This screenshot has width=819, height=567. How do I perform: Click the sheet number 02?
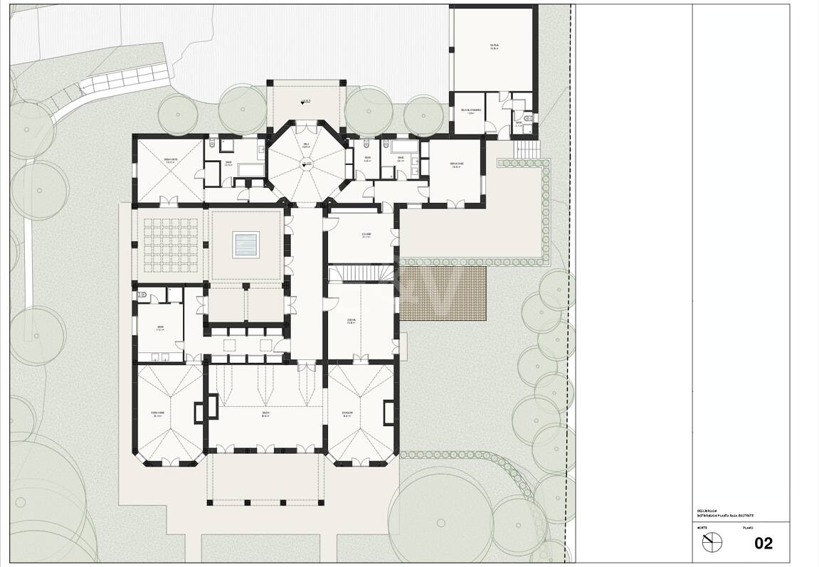pos(763,544)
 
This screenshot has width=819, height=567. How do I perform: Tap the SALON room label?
pos(265,415)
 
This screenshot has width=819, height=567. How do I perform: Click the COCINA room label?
pos(352,321)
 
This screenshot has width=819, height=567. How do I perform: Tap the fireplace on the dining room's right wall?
pos(389,413)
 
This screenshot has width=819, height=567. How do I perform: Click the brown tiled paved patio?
pos(442,294)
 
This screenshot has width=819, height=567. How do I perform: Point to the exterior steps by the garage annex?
pos(527,150)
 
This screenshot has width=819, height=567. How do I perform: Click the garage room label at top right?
pos(494,47)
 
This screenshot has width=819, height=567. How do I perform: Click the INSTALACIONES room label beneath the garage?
pos(471,111)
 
